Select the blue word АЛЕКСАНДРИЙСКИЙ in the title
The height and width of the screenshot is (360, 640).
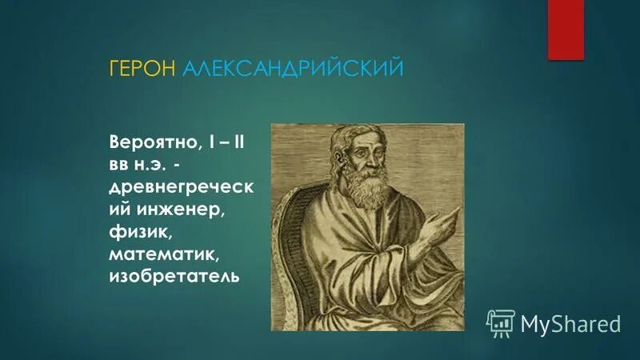(x=292, y=69)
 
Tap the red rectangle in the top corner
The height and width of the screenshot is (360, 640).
(x=565, y=29)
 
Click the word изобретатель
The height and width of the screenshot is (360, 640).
(x=175, y=278)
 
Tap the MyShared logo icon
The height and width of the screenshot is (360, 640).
(x=500, y=322)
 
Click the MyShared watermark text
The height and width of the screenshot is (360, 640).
(x=570, y=323)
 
